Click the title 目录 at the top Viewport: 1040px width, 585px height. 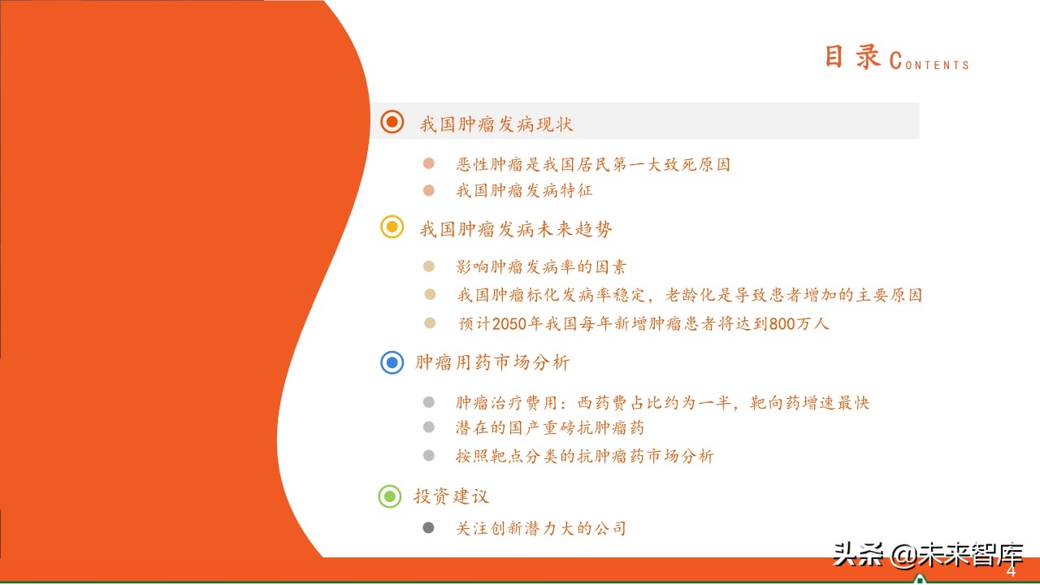click(853, 58)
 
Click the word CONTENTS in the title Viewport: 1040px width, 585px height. click(930, 63)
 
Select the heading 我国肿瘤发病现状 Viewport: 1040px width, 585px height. click(496, 123)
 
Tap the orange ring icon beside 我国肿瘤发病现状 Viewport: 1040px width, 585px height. click(392, 122)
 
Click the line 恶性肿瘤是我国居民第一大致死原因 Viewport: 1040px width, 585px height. click(593, 164)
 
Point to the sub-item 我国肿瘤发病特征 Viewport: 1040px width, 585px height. click(524, 191)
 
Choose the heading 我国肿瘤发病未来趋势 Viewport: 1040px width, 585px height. click(516, 229)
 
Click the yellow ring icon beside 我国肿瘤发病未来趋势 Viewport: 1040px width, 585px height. click(392, 227)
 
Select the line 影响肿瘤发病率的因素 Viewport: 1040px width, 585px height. click(541, 266)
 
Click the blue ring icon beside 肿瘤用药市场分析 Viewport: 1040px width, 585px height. click(392, 362)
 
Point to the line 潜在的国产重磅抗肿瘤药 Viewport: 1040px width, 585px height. click(550, 427)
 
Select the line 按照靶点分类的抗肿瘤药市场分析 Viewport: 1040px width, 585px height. click(584, 456)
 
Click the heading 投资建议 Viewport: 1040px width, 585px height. click(451, 496)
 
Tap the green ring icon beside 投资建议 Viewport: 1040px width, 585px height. click(391, 496)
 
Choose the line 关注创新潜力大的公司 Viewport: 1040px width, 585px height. click(541, 528)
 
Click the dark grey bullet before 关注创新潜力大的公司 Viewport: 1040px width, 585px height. click(429, 528)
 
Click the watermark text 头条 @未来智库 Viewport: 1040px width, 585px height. click(927, 556)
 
